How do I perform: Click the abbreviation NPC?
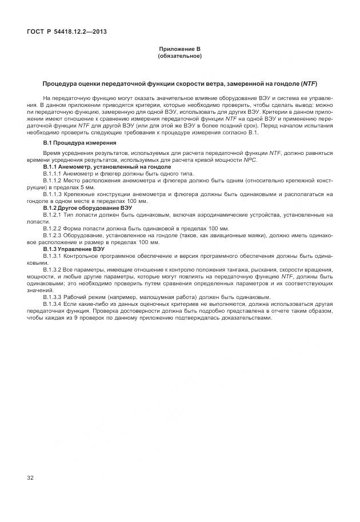250,160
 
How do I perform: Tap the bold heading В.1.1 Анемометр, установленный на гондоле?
107,166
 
